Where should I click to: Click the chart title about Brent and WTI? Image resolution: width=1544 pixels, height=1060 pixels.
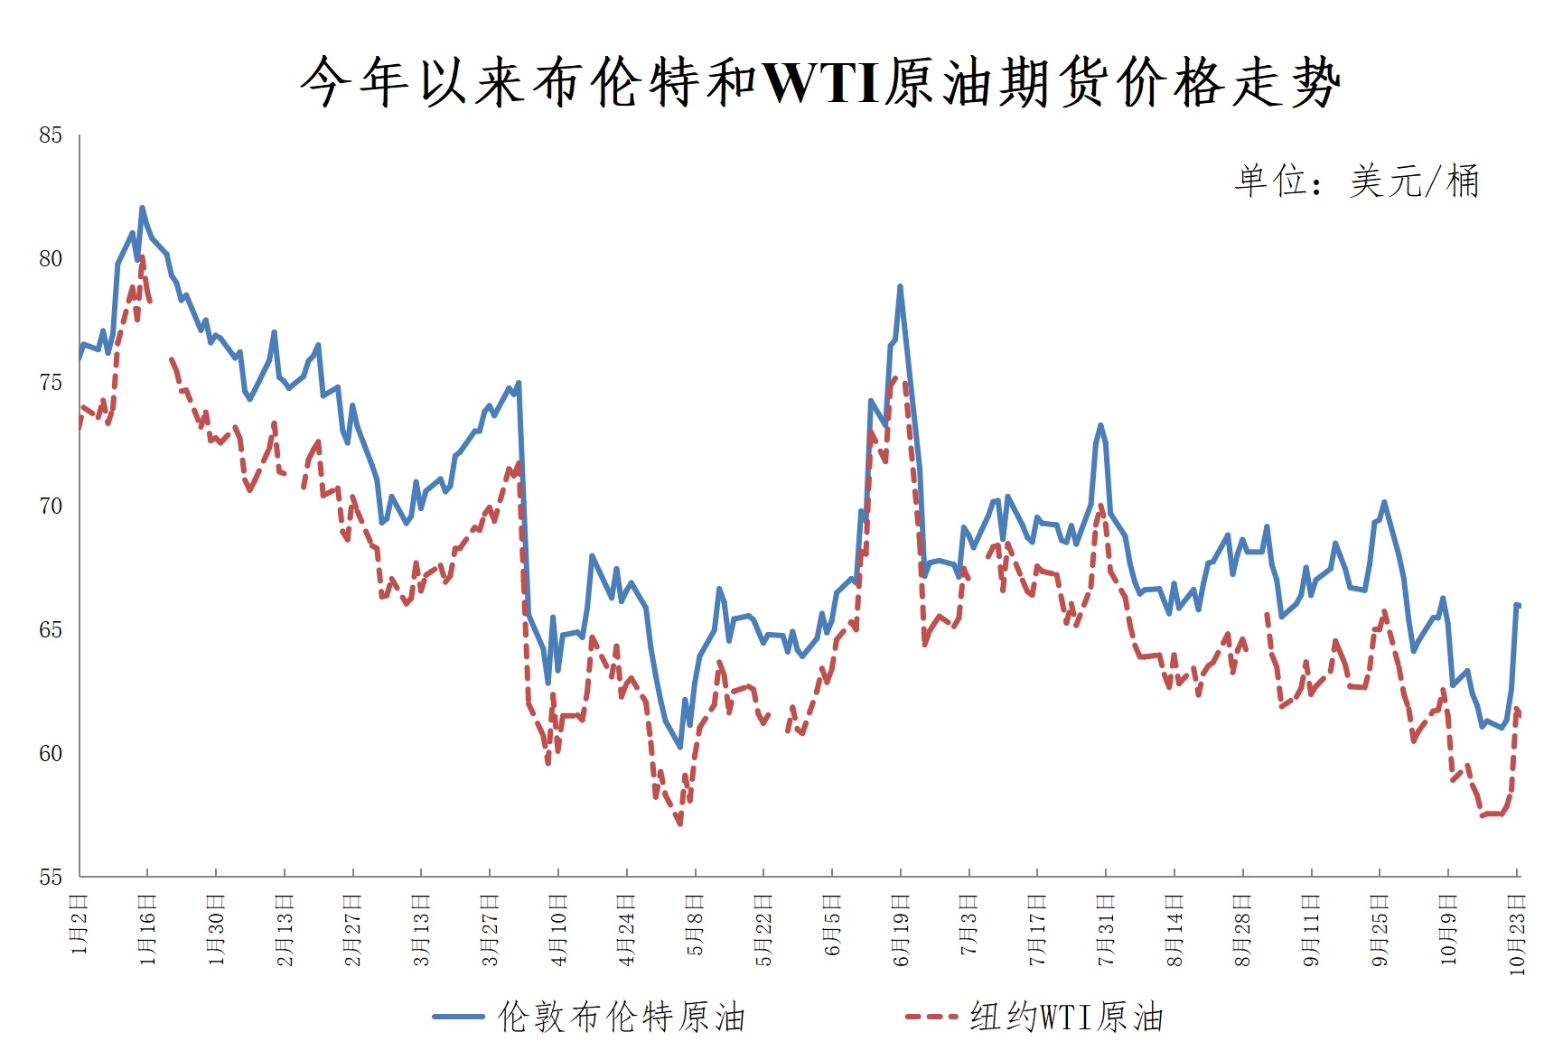(x=819, y=82)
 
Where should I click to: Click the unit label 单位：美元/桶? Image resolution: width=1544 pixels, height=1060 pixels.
(x=1356, y=181)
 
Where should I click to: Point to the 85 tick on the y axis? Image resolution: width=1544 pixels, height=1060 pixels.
(x=51, y=135)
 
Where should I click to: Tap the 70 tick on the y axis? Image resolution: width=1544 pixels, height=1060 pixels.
(x=51, y=507)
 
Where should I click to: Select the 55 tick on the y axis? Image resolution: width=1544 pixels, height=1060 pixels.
(x=51, y=878)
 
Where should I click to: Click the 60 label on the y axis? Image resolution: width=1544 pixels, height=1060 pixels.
(x=51, y=754)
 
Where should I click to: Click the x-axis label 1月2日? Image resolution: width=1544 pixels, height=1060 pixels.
(x=80, y=925)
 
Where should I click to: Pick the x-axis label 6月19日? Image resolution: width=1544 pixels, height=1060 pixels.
(x=901, y=930)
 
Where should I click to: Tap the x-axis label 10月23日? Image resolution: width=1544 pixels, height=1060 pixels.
(x=1518, y=934)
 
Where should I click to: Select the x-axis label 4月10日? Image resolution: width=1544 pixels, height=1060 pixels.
(x=558, y=930)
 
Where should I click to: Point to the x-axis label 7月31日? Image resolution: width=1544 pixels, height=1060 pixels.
(x=1106, y=930)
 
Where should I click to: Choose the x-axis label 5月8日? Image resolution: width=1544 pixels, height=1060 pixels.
(x=695, y=925)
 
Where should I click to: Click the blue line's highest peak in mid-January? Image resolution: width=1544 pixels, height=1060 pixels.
(x=142, y=208)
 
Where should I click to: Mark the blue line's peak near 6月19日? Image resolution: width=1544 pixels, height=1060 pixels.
(x=900, y=287)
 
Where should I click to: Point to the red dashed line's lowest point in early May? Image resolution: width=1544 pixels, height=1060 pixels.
(x=679, y=823)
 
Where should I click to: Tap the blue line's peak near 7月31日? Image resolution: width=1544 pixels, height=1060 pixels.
(x=1100, y=424)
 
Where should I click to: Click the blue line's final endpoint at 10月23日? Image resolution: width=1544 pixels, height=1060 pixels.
(x=1520, y=605)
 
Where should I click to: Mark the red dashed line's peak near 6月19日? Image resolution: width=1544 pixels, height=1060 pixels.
(x=895, y=377)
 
